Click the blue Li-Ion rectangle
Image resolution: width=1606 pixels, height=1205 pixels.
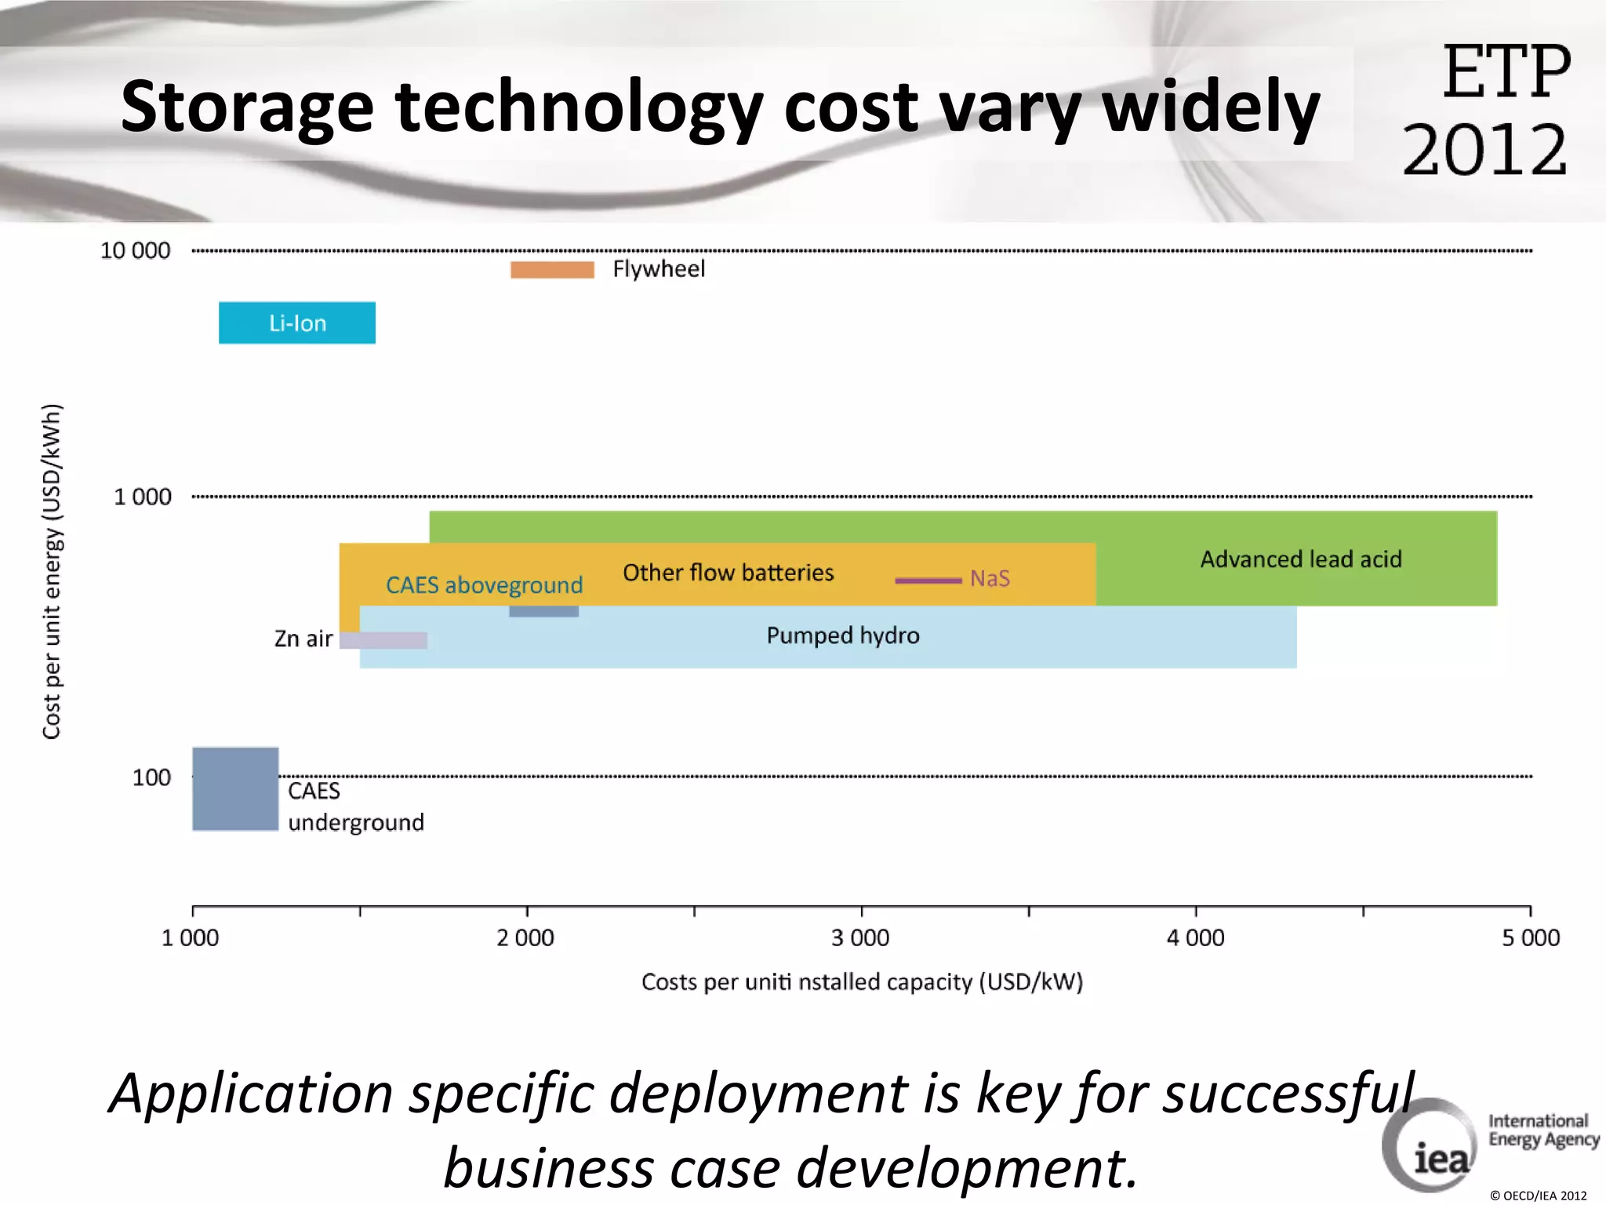[x=296, y=322]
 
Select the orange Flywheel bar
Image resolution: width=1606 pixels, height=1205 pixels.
[x=552, y=270]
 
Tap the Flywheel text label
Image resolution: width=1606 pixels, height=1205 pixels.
[x=659, y=269]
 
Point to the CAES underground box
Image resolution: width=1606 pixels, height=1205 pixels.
[x=235, y=788]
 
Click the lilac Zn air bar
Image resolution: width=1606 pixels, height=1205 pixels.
[x=384, y=640]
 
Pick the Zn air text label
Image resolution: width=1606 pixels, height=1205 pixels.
[x=303, y=639]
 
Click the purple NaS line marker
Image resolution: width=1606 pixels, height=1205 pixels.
[x=928, y=581]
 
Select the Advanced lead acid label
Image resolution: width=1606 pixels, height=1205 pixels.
[x=1300, y=559]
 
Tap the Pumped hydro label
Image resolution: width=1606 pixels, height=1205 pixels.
[x=843, y=635]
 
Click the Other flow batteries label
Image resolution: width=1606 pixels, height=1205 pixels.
[x=728, y=573]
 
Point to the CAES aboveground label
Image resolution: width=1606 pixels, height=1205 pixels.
[x=484, y=585]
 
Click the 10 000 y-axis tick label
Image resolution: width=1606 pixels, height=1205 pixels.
[x=135, y=251]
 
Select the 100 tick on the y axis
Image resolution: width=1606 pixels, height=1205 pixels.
[x=151, y=777]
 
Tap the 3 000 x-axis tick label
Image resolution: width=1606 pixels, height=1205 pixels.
[x=860, y=937]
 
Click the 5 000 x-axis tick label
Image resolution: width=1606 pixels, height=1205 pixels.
[x=1530, y=937]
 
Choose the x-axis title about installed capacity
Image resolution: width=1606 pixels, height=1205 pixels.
[x=862, y=982]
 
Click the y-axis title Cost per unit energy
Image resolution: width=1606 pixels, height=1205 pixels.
[x=52, y=571]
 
